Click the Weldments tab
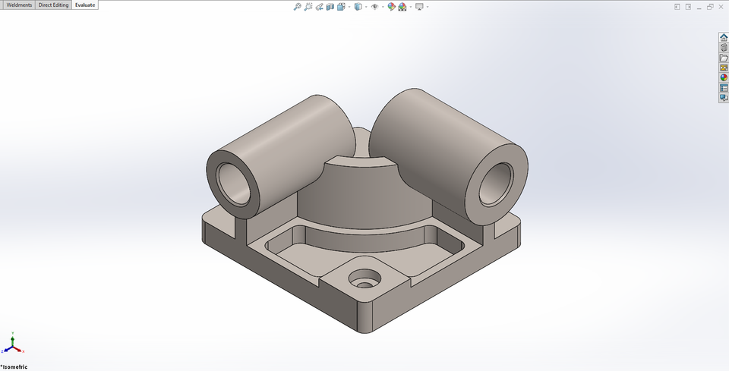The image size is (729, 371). click(x=19, y=5)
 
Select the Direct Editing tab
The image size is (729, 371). click(x=53, y=5)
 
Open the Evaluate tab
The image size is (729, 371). click(x=85, y=5)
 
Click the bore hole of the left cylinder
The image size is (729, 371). click(x=232, y=184)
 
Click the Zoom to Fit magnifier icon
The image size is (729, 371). click(x=298, y=7)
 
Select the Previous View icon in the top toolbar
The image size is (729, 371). click(x=320, y=7)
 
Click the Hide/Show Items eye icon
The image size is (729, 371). click(x=375, y=7)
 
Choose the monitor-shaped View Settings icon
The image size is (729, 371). click(x=419, y=7)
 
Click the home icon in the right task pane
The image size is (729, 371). click(x=724, y=38)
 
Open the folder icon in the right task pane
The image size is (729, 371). click(x=724, y=58)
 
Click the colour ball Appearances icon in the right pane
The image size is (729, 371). click(x=724, y=77)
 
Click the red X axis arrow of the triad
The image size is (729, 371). click(x=22, y=351)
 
